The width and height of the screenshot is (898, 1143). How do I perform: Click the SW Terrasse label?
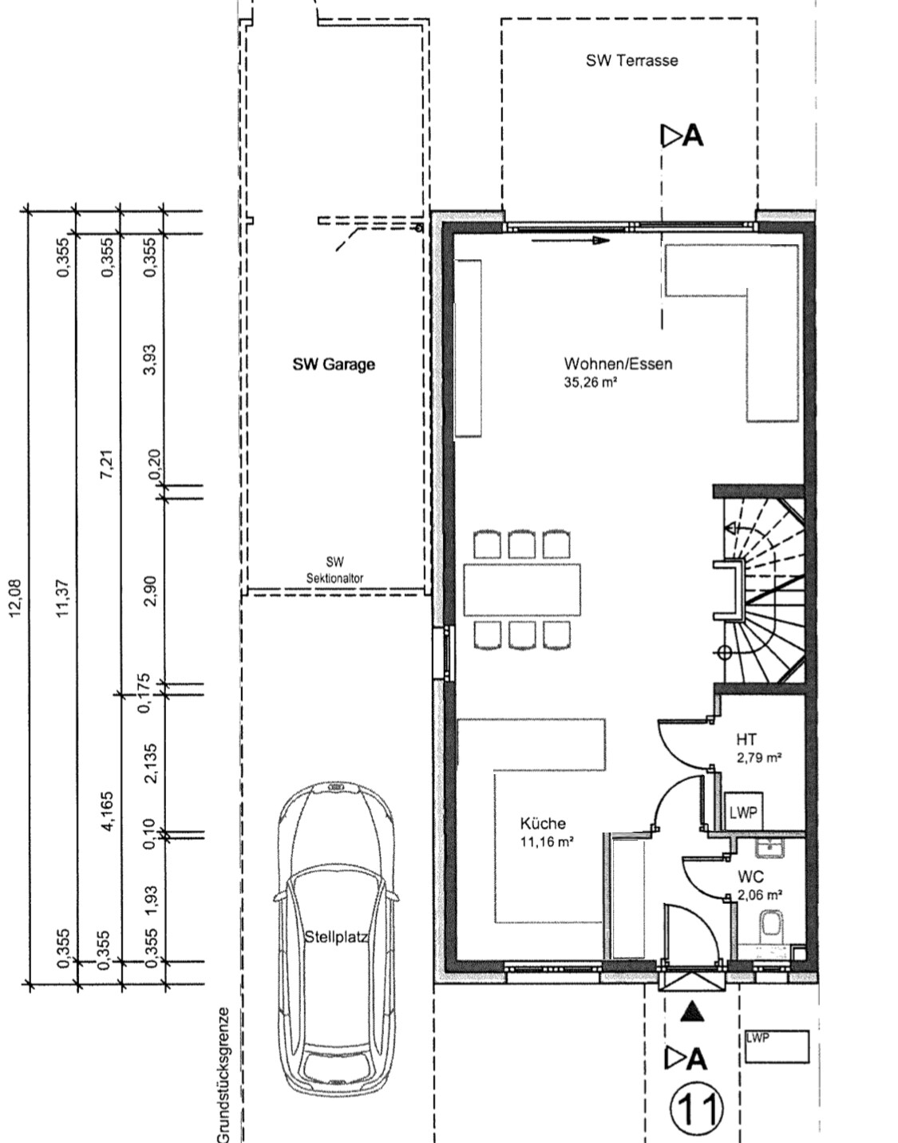pos(632,61)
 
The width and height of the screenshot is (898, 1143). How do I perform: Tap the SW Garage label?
pos(334,364)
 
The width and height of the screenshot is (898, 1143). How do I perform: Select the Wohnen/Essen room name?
pos(618,363)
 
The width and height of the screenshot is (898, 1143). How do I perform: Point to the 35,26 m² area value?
pos(590,382)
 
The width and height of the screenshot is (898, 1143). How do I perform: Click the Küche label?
pos(543,823)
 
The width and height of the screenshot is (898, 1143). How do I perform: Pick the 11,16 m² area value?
pos(546,841)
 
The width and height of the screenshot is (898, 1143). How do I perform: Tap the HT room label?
pos(746,740)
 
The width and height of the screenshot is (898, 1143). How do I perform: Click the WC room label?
pos(751,877)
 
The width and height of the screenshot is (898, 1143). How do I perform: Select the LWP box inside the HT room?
pos(743,812)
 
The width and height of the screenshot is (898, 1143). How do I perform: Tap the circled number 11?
pos(697,1109)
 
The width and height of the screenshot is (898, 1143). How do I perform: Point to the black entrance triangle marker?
pos(692,1012)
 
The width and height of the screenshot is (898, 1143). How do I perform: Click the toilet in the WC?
pos(771,925)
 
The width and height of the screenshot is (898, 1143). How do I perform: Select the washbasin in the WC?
pos(770,848)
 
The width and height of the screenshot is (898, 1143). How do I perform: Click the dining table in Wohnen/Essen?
pos(522,589)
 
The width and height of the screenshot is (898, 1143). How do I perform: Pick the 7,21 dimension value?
pos(107,464)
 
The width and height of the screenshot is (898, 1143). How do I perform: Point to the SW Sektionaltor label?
pos(335,570)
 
